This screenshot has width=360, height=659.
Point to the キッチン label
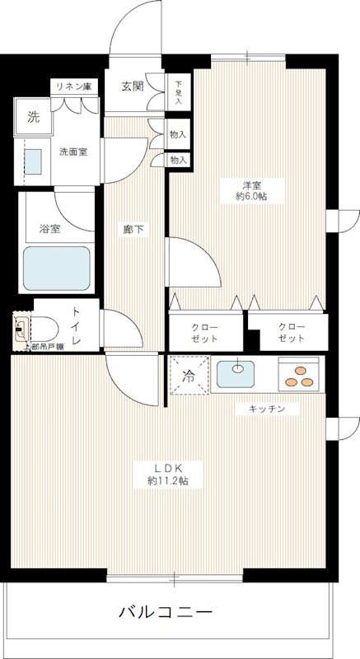(x=264, y=409)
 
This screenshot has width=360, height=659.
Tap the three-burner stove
(x=297, y=375)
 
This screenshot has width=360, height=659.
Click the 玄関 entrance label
(x=133, y=85)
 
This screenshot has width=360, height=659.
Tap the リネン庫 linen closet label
(x=72, y=86)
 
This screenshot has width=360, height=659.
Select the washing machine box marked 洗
(x=33, y=117)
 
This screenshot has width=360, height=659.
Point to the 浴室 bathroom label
(x=49, y=229)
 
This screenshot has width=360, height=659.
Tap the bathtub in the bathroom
(x=57, y=267)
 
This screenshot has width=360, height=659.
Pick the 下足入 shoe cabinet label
(x=179, y=86)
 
